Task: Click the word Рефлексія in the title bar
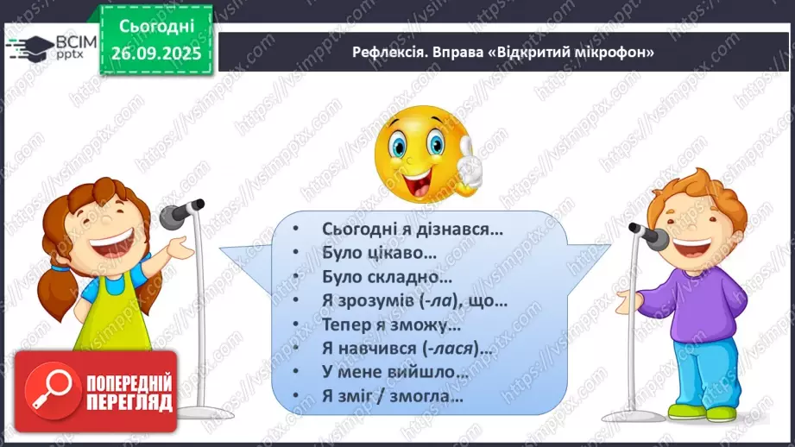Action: coord(386,52)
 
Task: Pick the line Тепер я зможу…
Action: coord(391,325)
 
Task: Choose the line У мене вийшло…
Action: coord(395,374)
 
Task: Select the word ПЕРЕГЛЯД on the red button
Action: coord(129,402)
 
